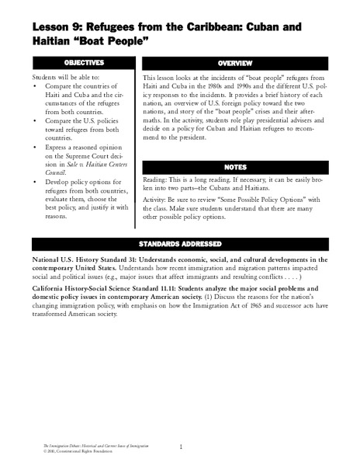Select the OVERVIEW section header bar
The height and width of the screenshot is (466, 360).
coord(244,61)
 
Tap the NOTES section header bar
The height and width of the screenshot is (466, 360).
coord(244,166)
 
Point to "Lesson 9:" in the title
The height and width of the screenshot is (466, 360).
coord(57,25)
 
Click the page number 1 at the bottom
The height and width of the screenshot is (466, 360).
coord(180,447)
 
